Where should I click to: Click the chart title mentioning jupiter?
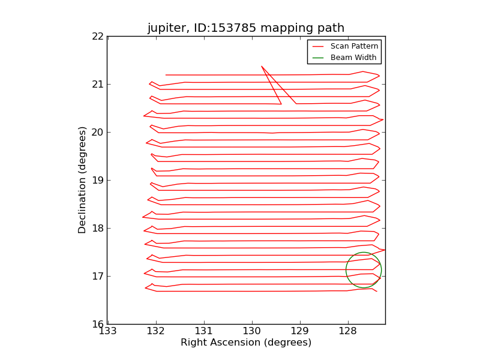coord(246,28)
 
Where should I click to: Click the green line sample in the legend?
coord(318,58)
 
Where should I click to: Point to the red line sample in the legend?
coord(318,47)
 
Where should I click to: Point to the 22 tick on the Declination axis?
coord(98,37)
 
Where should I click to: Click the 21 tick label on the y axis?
coord(98,84)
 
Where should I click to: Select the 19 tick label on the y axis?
coord(98,181)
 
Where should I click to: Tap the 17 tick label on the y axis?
coord(98,277)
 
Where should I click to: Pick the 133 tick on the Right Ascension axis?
coord(108,331)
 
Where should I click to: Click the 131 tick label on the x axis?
coord(204,331)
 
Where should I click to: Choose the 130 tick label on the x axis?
coord(252,331)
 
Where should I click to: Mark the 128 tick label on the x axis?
coord(348,331)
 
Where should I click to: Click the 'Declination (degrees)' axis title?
coord(82,181)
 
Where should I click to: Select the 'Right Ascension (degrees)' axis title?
coord(246,342)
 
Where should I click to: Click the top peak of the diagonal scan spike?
coord(262,66)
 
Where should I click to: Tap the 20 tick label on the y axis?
coord(98,132)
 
